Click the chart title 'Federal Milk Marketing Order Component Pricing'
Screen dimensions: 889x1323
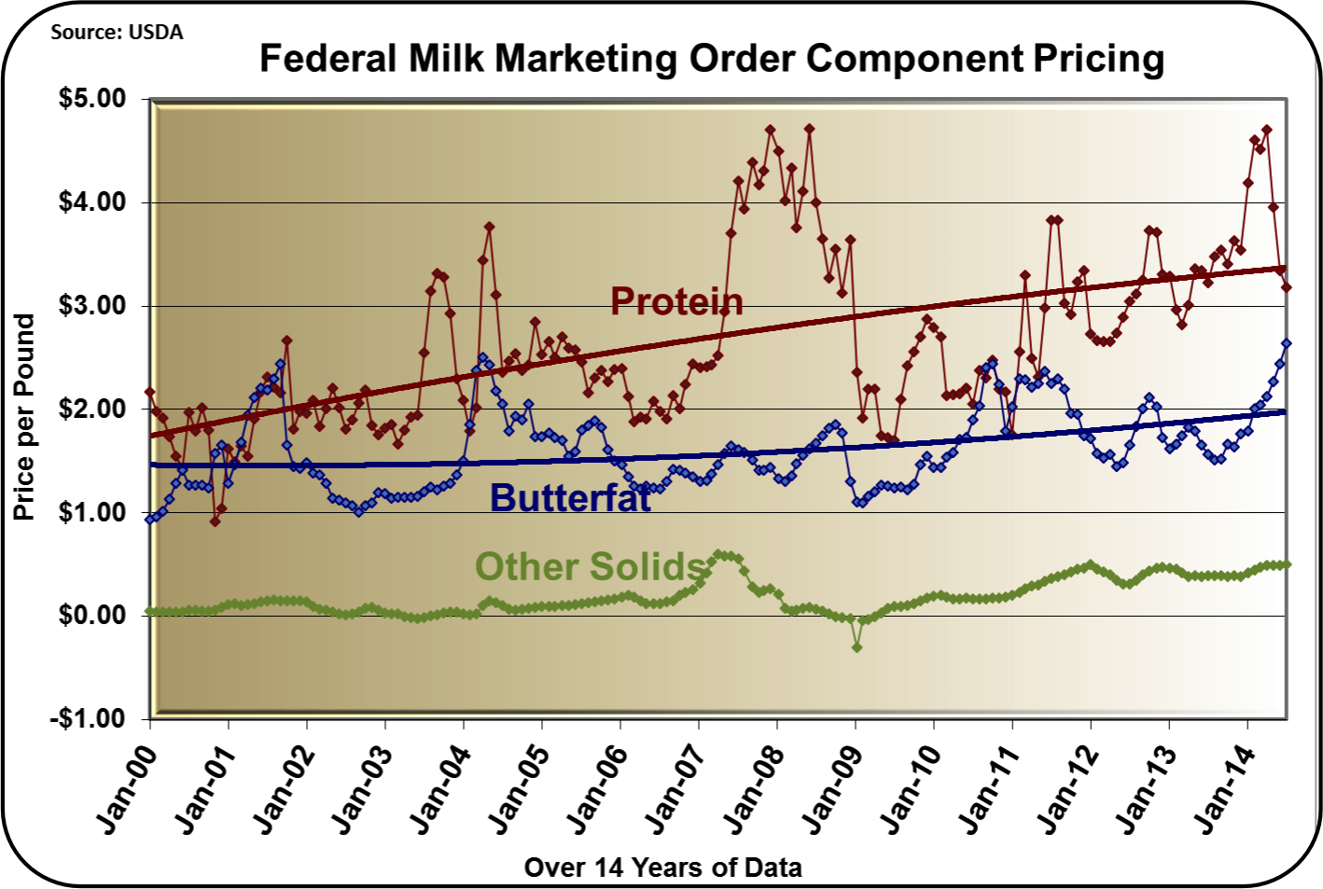click(711, 58)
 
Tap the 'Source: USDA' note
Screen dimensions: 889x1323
click(117, 33)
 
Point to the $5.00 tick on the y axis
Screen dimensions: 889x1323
click(92, 99)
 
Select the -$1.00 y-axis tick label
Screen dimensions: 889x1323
click(89, 719)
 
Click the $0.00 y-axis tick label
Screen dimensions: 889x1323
click(92, 616)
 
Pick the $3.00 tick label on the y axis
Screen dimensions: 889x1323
click(92, 306)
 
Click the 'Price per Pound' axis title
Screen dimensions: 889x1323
click(24, 417)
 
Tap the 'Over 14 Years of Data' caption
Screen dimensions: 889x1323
click(662, 868)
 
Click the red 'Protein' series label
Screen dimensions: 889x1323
click(676, 301)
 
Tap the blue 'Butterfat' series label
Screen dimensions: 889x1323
click(570, 498)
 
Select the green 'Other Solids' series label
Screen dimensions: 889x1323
click(590, 566)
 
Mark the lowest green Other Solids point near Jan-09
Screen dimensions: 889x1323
click(856, 646)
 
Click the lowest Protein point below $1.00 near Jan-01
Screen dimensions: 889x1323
click(216, 521)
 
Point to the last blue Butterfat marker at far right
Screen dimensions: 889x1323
click(1287, 343)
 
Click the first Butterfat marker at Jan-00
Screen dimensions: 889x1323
click(150, 519)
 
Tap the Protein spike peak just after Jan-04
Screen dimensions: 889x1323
click(489, 227)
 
